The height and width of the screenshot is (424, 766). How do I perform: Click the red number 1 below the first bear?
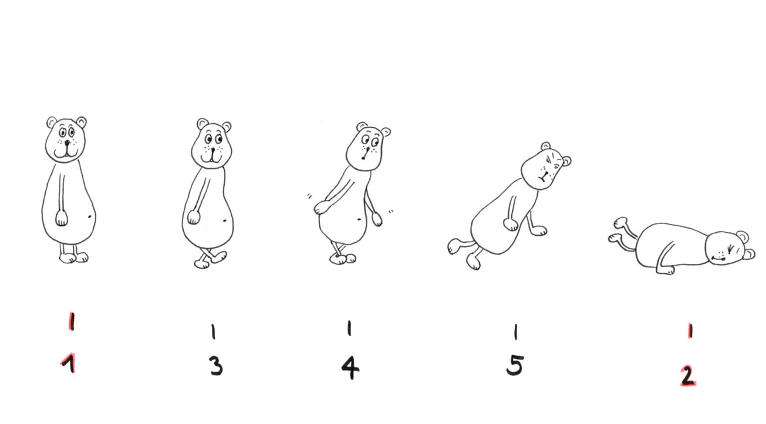[x=69, y=363]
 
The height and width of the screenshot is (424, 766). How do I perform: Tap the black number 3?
[x=216, y=367]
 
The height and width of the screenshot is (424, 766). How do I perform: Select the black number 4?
[x=350, y=368]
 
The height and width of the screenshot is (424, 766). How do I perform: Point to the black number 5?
[x=515, y=365]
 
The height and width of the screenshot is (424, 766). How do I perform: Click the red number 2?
[x=688, y=376]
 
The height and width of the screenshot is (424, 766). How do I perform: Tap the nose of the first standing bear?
[x=68, y=142]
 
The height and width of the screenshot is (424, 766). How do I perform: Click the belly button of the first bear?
[x=90, y=216]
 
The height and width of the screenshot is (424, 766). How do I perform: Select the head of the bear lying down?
[x=728, y=249]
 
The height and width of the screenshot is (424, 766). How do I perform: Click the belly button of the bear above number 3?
[x=225, y=221]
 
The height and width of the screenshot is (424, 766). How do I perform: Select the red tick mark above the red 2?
[x=690, y=331]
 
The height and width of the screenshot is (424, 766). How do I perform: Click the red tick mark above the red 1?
[x=72, y=321]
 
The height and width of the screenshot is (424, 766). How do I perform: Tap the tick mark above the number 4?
[x=349, y=328]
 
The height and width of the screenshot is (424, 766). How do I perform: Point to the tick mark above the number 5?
[x=516, y=332]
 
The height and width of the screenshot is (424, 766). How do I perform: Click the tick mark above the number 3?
[x=214, y=331]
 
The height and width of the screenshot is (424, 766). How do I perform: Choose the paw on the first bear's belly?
[x=62, y=218]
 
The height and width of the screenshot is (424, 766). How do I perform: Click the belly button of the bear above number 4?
[x=359, y=218]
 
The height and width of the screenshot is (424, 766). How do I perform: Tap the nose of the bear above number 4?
[x=366, y=150]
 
